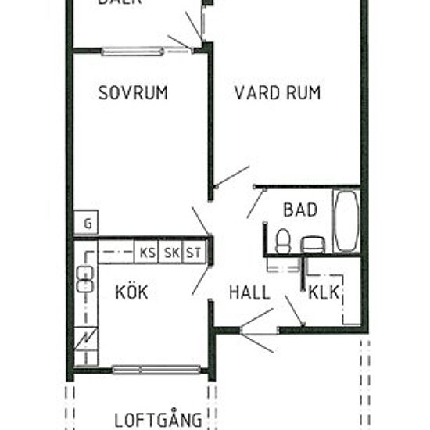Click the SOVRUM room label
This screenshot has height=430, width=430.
133,93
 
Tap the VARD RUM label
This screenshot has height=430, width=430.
278,93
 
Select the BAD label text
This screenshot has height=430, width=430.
301,210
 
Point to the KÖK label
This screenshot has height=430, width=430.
131,293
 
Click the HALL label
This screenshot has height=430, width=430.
249,293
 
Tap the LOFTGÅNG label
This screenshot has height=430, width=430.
159,420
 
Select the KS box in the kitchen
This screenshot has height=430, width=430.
147,253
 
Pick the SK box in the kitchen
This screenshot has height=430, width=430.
171,253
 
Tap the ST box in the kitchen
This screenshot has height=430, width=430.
193,253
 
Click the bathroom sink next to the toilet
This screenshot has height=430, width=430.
312,244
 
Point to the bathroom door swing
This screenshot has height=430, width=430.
255,202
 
